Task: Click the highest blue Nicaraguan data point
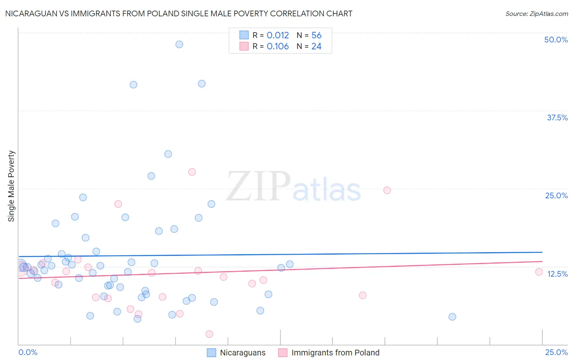179,44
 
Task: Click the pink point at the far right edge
539,272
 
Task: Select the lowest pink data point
209,334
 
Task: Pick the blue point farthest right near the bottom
452,317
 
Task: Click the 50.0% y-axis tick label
556,40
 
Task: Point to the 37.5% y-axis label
557,118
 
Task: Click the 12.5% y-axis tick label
557,274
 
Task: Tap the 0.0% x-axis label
28,352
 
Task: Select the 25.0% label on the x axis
556,352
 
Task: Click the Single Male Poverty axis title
11,186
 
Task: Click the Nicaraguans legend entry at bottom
242,353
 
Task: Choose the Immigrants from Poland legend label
335,353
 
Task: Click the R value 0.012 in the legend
278,36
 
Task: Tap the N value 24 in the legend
316,47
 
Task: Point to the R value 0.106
278,47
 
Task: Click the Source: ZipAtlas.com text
536,14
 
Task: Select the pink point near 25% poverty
387,190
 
